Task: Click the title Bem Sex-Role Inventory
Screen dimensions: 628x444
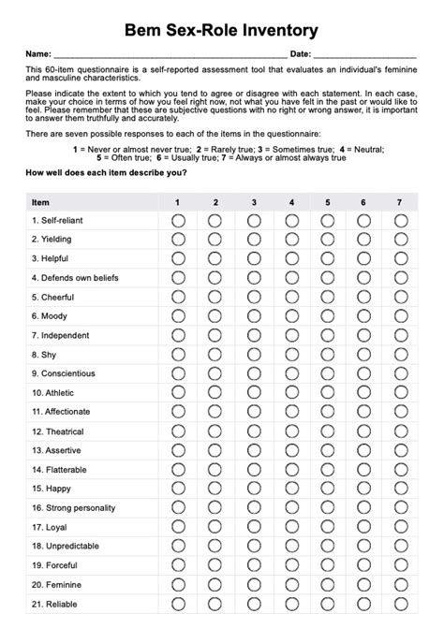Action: coord(221,31)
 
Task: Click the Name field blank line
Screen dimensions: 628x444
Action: coord(170,55)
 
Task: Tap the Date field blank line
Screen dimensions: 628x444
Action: coord(365,55)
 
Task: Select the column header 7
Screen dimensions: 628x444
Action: coord(400,202)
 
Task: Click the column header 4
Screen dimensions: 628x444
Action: coord(291,202)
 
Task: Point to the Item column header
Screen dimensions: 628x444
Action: coord(41,202)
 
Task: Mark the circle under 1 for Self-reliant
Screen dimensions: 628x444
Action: coord(178,220)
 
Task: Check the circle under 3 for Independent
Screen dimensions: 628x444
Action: coord(254,334)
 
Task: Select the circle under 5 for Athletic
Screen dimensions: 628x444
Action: coord(328,392)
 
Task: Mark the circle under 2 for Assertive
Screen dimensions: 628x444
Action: coord(215,450)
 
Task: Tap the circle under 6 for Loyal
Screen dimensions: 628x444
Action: coord(363,527)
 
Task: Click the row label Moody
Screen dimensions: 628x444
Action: coord(51,315)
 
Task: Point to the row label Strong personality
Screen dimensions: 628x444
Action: coord(74,507)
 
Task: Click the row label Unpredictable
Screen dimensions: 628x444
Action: coord(64,546)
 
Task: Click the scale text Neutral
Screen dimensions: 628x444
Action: coord(367,150)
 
